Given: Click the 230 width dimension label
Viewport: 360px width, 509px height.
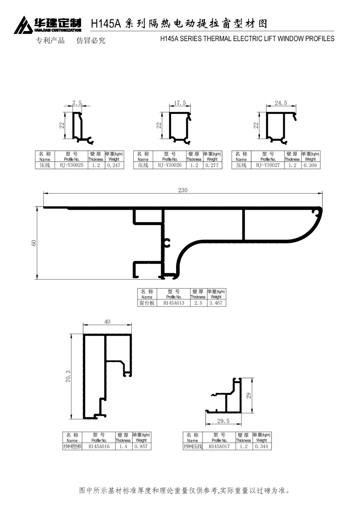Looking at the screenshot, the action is (183, 190).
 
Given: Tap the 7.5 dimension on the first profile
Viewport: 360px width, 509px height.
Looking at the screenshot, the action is (77, 103).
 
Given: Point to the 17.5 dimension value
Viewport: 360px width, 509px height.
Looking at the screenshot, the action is (180, 103).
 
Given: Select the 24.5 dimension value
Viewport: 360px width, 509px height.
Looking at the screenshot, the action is (281, 103).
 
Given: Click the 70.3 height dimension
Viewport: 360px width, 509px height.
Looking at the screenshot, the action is (68, 376).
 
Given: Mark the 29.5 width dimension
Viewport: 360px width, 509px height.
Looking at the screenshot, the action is (223, 421).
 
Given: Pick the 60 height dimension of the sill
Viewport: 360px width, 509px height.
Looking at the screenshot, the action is (33, 243).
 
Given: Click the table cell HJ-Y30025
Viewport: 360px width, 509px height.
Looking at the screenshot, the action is (71, 165).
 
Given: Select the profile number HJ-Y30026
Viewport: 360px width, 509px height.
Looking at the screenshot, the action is (170, 165).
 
